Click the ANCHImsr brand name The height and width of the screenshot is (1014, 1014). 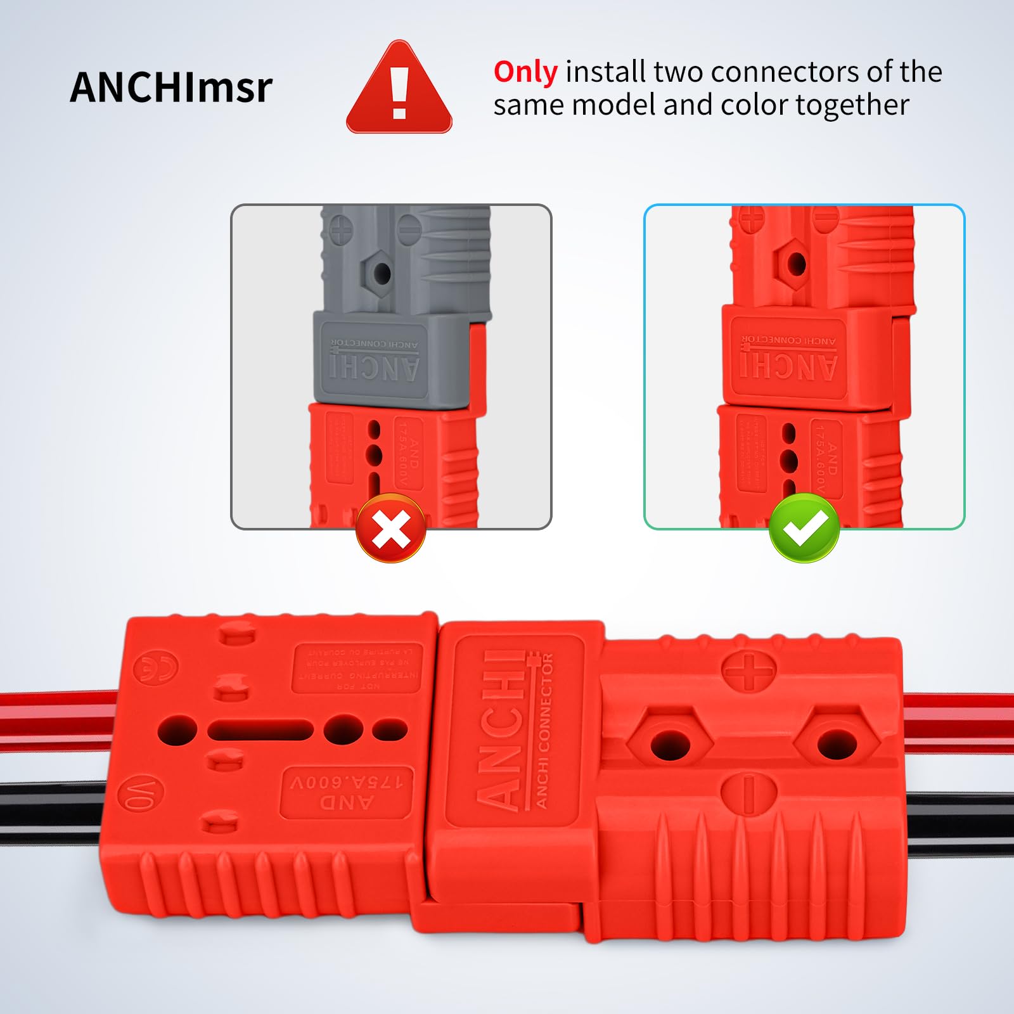171,87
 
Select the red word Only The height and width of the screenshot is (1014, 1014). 525,72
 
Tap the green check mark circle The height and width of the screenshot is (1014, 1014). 804,528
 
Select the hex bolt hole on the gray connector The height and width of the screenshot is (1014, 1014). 382,273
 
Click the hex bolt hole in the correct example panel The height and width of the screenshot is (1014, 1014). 796,264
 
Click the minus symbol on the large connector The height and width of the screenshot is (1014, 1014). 748,792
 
